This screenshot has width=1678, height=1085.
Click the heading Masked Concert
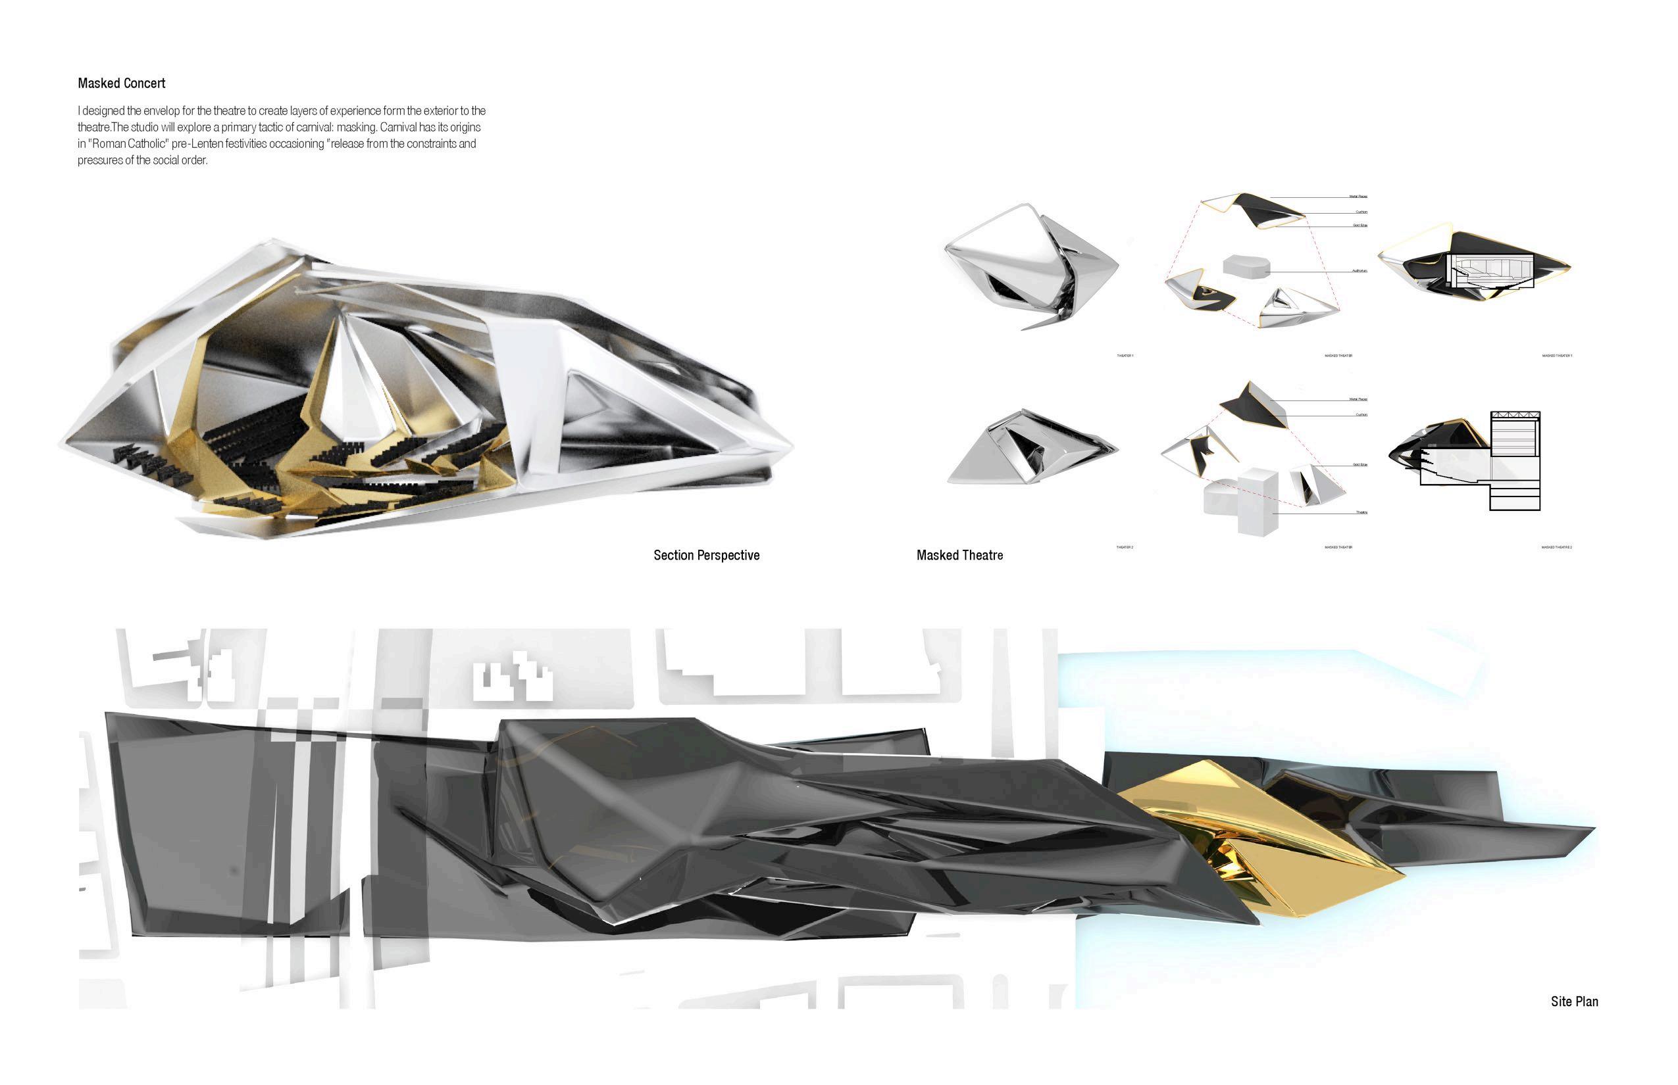pyautogui.click(x=121, y=83)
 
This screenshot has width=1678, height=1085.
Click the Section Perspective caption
pyautogui.click(x=705, y=555)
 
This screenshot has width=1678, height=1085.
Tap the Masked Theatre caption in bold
pyautogui.click(x=959, y=555)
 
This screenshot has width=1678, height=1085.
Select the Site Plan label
pyautogui.click(x=1573, y=1001)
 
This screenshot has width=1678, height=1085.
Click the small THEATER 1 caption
pyautogui.click(x=1125, y=356)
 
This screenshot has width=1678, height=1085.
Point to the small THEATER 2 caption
pyautogui.click(x=1125, y=547)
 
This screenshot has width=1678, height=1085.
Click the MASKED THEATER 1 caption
pyautogui.click(x=1557, y=356)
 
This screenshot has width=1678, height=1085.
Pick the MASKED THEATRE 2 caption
pyautogui.click(x=1557, y=547)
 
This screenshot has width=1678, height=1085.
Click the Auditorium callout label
pyautogui.click(x=1360, y=270)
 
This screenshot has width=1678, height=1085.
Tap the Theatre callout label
pyautogui.click(x=1361, y=512)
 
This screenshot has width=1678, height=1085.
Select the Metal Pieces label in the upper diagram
pyautogui.click(x=1358, y=197)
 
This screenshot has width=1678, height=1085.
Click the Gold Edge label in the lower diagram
pyautogui.click(x=1360, y=465)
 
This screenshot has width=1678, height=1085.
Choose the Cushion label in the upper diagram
pyautogui.click(x=1361, y=212)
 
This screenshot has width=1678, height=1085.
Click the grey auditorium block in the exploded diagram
pyautogui.click(x=1246, y=266)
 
